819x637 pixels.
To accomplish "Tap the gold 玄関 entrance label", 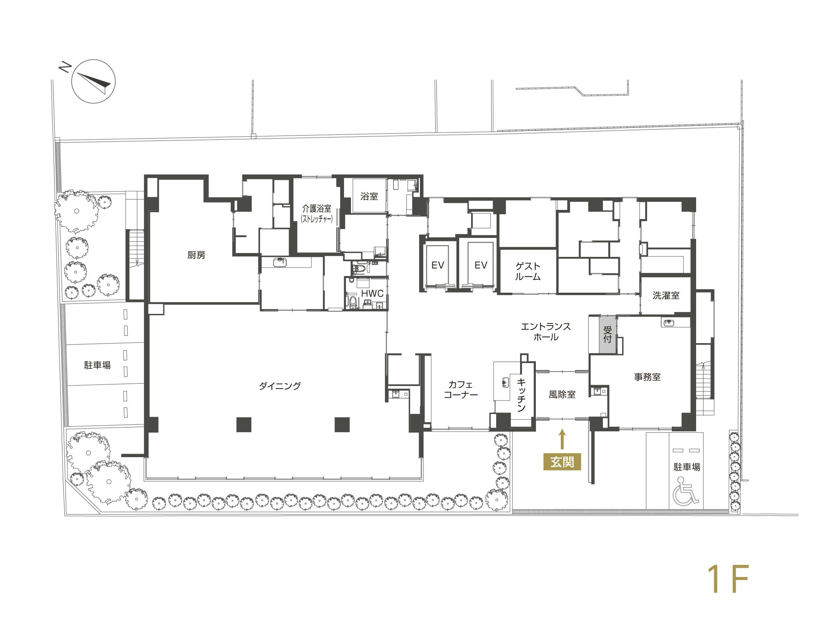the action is (x=562, y=462).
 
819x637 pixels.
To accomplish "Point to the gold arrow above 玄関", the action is (x=562, y=439).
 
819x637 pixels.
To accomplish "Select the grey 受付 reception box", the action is (x=608, y=334).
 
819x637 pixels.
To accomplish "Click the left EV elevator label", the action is (x=438, y=265).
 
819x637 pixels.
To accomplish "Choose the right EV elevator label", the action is (x=481, y=265).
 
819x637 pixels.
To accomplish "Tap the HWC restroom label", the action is (x=372, y=294).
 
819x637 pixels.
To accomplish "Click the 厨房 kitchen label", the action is (x=196, y=255).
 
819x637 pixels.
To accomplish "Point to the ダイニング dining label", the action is (x=280, y=386).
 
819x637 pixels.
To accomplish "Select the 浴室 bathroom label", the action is (x=369, y=196).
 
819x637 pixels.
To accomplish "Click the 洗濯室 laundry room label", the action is (x=666, y=296).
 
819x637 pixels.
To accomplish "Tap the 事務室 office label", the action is (x=647, y=377).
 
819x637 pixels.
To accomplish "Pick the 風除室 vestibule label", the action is (x=562, y=395).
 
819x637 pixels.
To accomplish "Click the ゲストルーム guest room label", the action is (x=528, y=271).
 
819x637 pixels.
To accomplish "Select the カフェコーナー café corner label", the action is (x=460, y=390).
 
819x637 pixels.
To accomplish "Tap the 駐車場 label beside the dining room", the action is (x=97, y=365).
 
